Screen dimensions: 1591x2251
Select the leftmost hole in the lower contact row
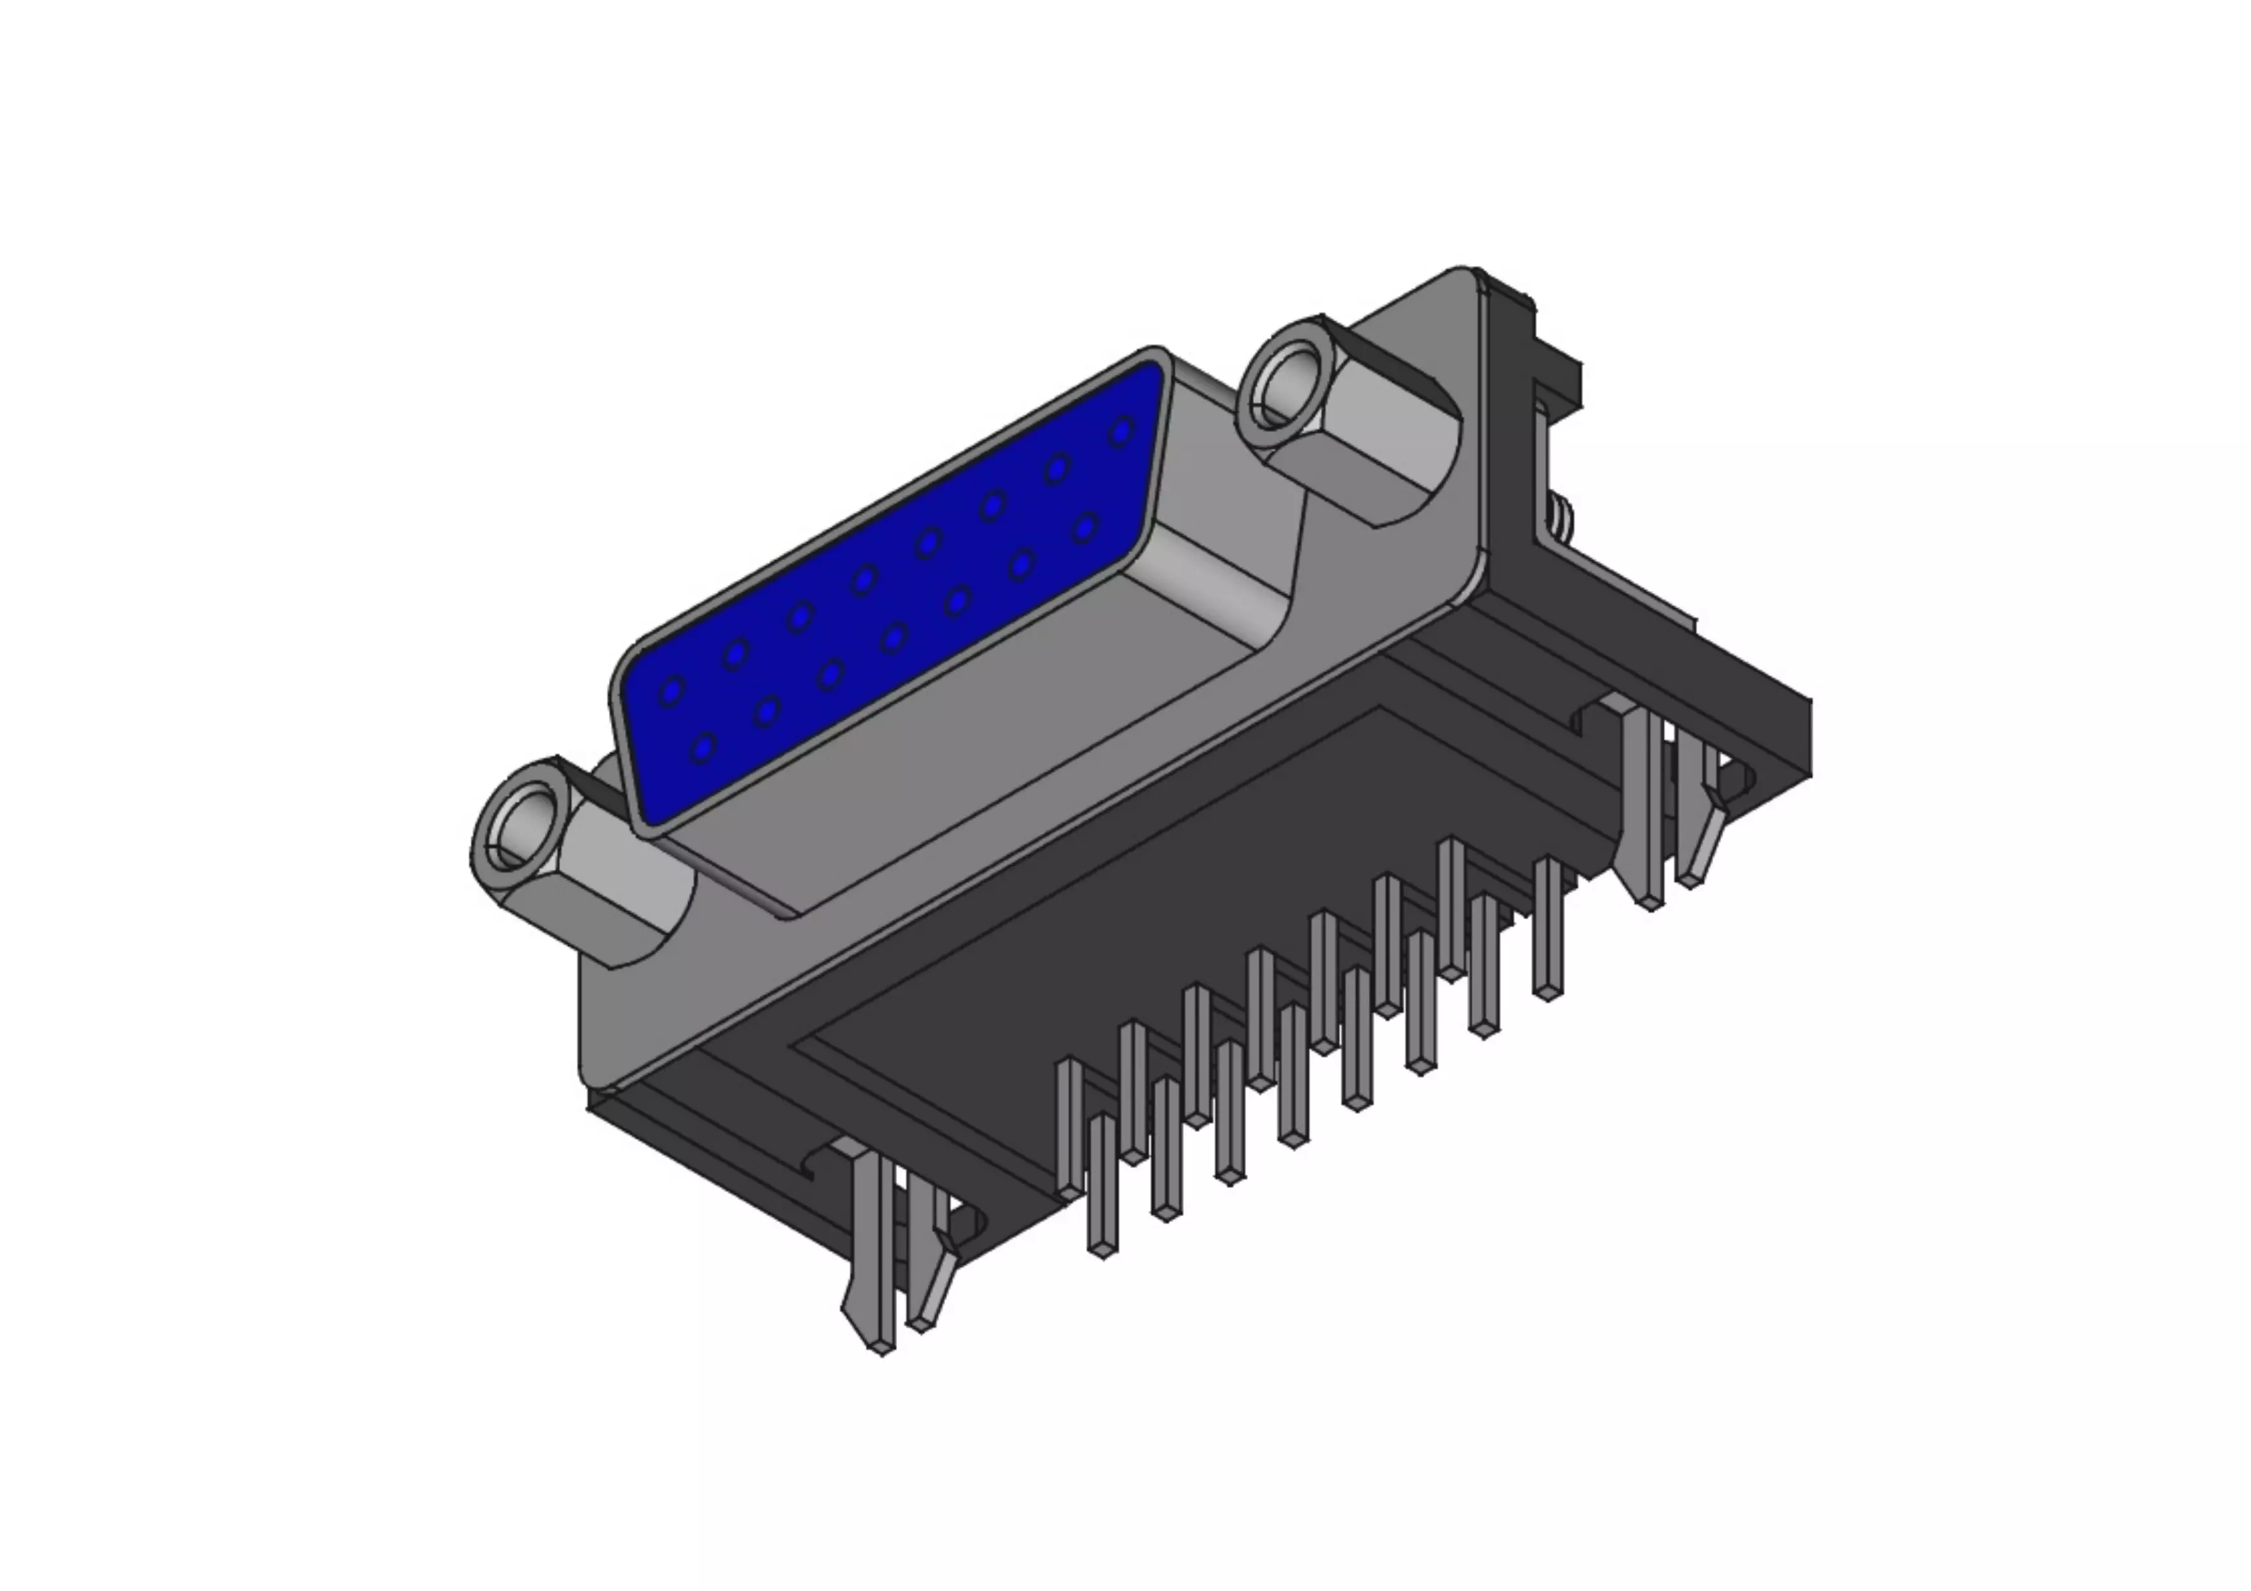(703, 750)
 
